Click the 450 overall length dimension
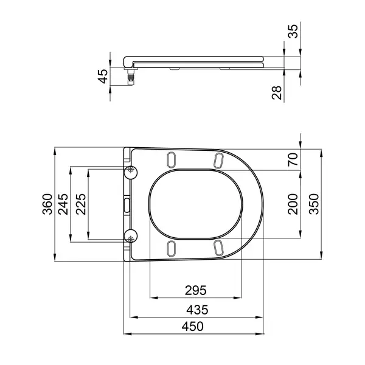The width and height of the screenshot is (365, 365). pos(192,326)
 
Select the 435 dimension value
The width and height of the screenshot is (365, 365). pos(197,310)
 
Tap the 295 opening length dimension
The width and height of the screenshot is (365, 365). pos(196,290)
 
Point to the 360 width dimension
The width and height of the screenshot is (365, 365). pos(47,204)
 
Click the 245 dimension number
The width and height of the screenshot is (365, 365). pos(63,204)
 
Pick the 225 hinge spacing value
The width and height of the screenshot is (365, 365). pos(81,204)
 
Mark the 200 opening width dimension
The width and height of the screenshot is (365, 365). pos(293,204)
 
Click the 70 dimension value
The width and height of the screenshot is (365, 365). pos(293,159)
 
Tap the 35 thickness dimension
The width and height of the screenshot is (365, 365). pos(293,32)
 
